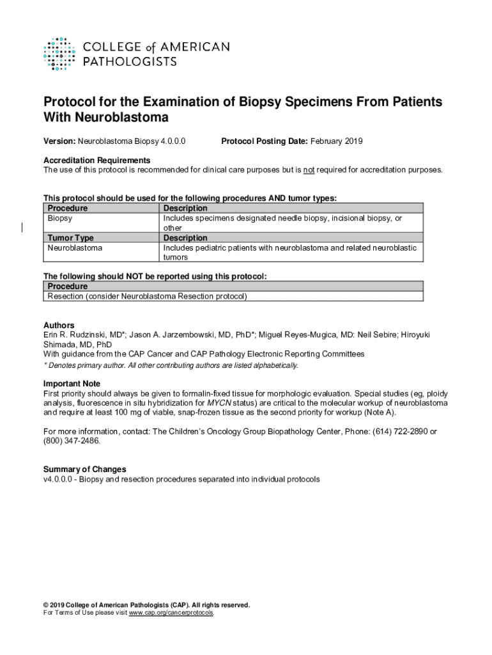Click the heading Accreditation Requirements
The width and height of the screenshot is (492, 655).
coord(96,160)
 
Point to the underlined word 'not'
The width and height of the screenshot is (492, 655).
coord(309,170)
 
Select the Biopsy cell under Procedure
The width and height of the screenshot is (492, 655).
coord(60,219)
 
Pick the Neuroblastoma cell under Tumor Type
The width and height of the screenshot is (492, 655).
coord(75,248)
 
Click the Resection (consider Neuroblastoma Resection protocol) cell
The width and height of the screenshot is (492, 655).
coord(147,296)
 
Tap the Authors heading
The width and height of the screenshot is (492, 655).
coord(59,326)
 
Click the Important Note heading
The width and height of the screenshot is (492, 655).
coord(72,384)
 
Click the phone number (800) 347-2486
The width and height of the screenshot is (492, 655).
coord(72,441)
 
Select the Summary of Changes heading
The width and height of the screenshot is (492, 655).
coord(84,470)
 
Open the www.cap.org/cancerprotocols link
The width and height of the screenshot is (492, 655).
coord(171,613)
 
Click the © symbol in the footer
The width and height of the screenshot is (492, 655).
coord(46,605)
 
